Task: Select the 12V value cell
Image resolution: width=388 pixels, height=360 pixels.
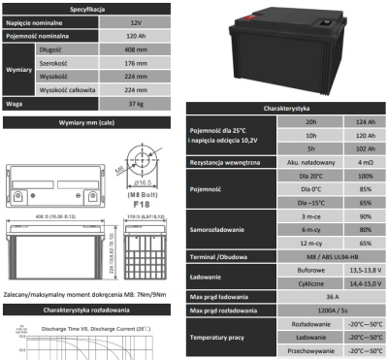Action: pos(135,19)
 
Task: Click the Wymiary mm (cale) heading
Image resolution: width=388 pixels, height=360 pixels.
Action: pos(94,122)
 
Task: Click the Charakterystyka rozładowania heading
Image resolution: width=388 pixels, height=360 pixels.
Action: pos(94,310)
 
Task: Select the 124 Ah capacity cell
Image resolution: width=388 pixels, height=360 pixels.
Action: pos(365,121)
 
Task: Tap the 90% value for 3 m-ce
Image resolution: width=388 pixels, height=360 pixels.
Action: pos(365,215)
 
